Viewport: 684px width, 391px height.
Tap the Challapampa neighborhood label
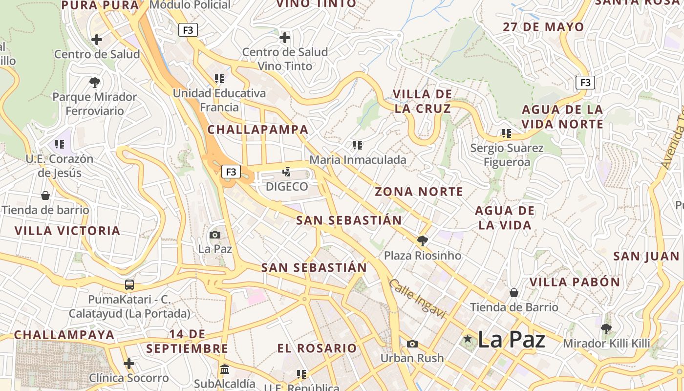click(x=258, y=130)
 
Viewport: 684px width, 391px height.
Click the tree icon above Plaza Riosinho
click(x=422, y=240)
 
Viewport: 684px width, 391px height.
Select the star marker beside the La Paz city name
click(x=468, y=339)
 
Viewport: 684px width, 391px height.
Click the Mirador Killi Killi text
click(x=606, y=344)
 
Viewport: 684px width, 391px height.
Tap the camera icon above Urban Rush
click(x=412, y=344)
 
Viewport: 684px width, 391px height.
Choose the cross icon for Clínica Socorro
click(x=129, y=364)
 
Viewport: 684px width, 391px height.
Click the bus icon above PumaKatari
click(x=129, y=285)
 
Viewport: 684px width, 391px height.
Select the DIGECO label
click(x=287, y=186)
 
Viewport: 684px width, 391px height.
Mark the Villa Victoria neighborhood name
click(x=67, y=231)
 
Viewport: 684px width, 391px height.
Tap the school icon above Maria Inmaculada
click(x=358, y=145)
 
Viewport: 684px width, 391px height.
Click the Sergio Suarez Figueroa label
click(x=507, y=155)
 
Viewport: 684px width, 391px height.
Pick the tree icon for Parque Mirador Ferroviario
click(x=95, y=82)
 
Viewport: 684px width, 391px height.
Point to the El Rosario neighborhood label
click(x=317, y=348)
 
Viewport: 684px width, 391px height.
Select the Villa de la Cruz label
click(x=423, y=101)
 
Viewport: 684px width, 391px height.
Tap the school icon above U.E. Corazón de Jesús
click(x=60, y=144)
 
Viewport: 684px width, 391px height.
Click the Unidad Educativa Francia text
click(x=219, y=100)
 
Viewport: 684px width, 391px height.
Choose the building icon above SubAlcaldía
click(x=225, y=369)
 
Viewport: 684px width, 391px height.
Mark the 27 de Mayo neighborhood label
click(x=544, y=27)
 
